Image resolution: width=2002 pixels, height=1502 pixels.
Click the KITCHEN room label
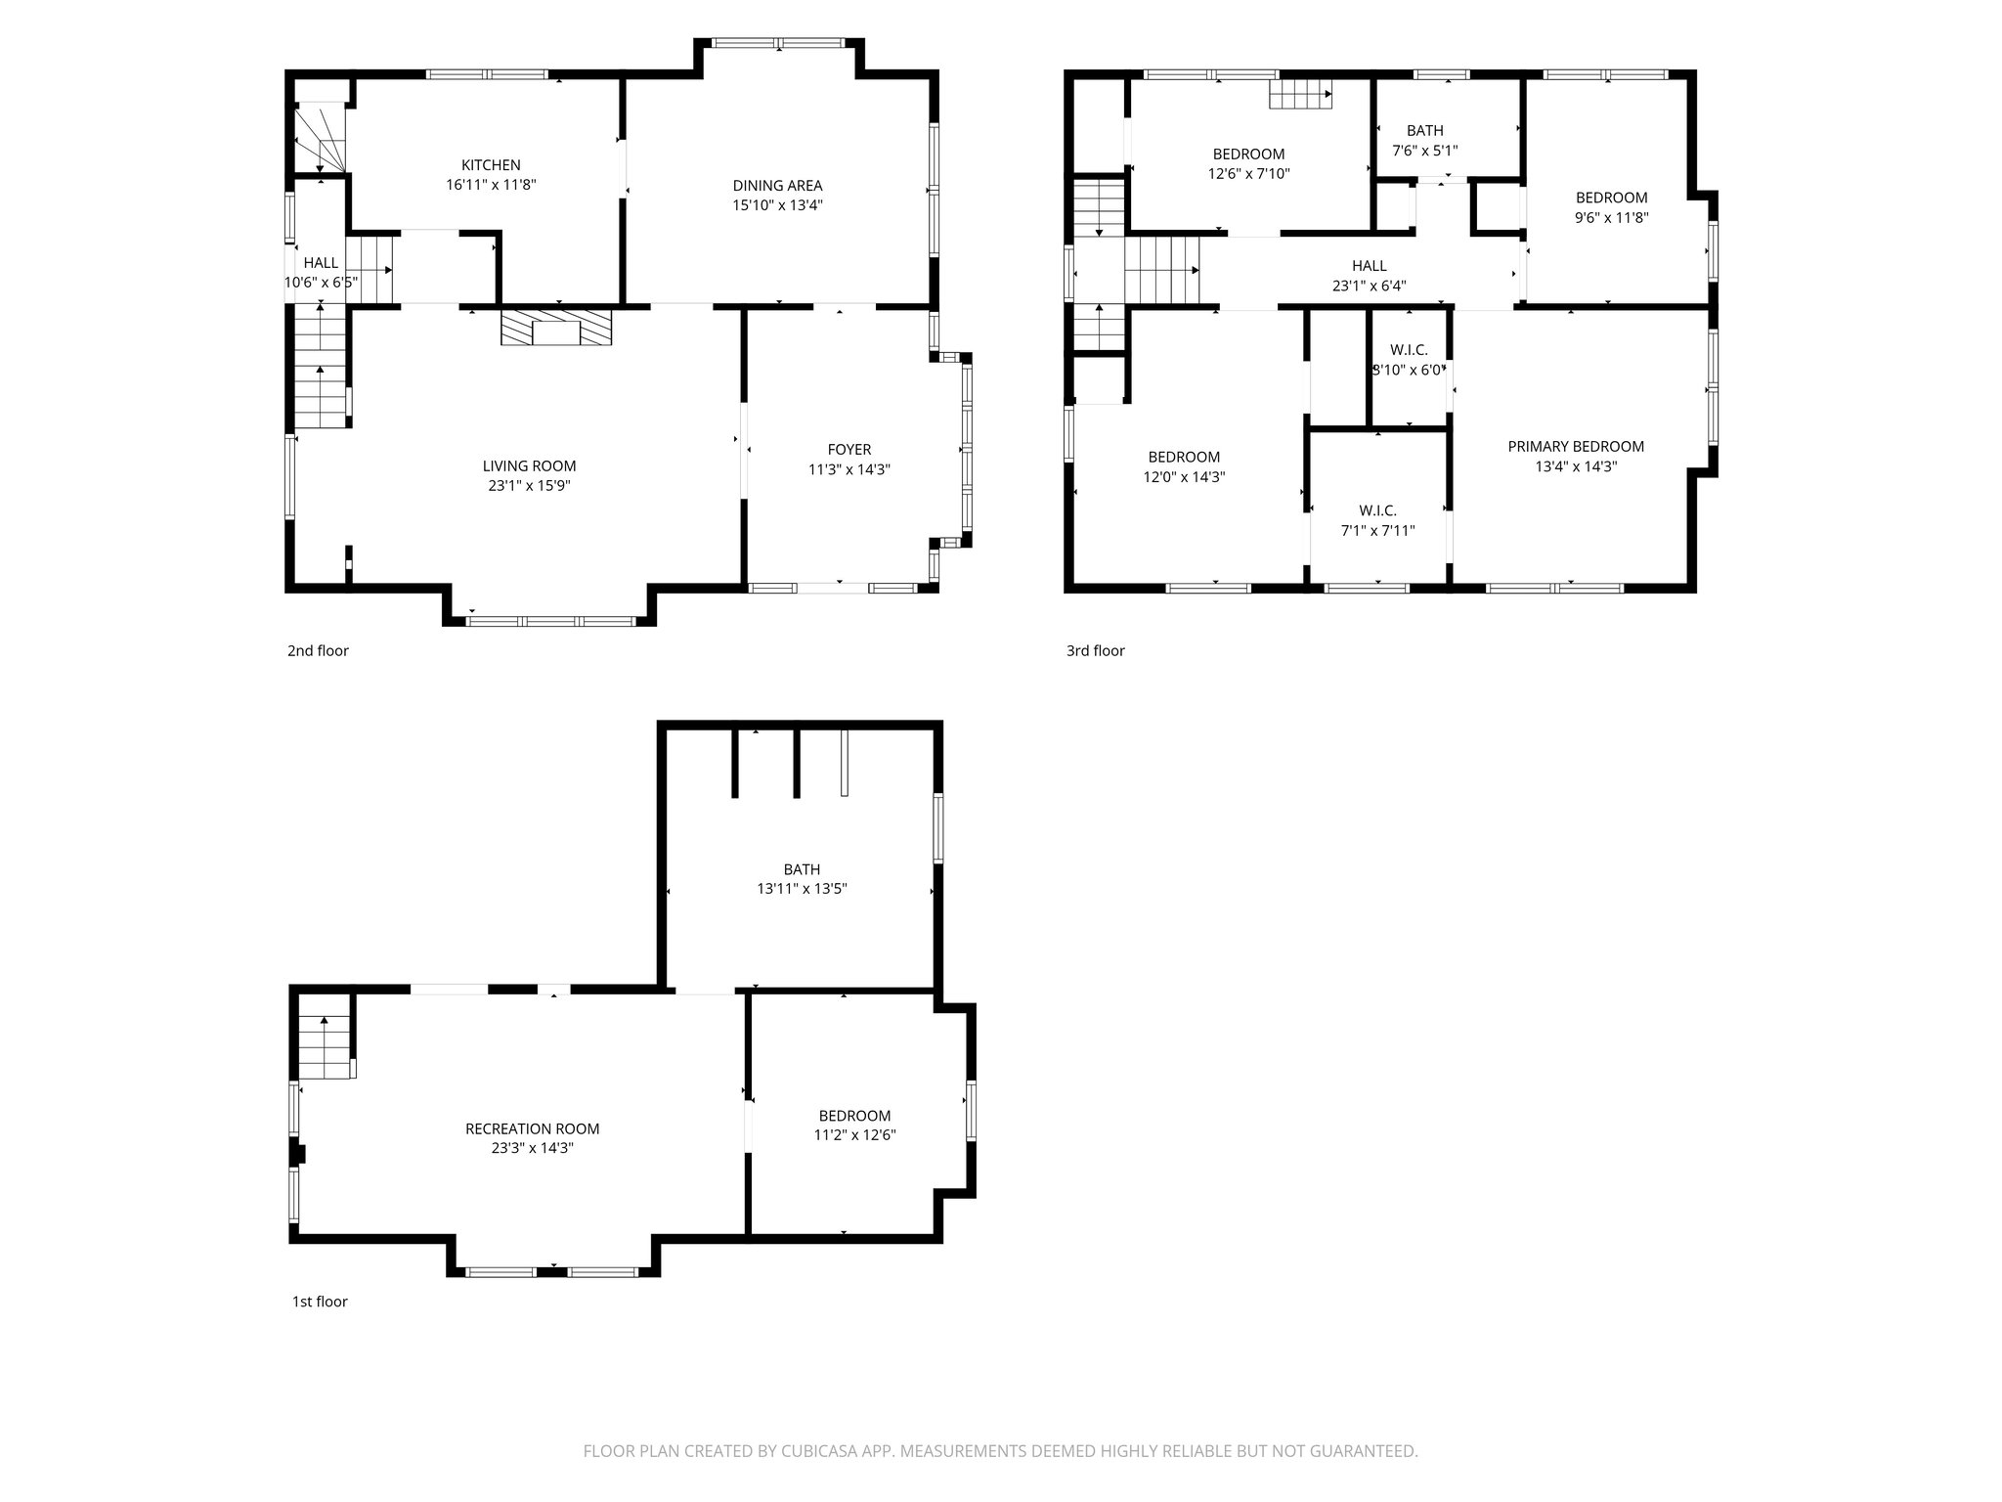click(491, 165)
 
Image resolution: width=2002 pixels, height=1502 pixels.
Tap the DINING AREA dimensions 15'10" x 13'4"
click(777, 205)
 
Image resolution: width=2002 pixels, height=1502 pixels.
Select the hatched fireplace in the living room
click(556, 328)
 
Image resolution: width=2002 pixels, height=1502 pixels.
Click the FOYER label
click(849, 450)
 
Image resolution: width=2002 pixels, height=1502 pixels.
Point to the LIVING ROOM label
click(529, 466)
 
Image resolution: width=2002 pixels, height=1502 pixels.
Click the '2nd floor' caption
click(318, 650)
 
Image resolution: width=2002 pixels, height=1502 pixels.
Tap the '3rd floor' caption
click(1095, 650)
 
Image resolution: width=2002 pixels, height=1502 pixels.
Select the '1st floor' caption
click(320, 1302)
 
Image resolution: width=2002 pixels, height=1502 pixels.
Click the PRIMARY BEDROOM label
click(1576, 447)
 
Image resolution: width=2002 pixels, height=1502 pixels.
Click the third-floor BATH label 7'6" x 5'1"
click(1424, 131)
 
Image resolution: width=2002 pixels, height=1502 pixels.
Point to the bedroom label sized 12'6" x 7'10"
click(1248, 155)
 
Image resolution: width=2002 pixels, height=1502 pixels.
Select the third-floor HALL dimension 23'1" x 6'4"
click(1369, 287)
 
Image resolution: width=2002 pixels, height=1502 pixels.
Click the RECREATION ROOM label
click(532, 1128)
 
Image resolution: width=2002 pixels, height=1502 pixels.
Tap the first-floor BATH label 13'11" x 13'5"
click(802, 869)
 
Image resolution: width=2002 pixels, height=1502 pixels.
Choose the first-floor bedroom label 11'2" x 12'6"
click(854, 1116)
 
